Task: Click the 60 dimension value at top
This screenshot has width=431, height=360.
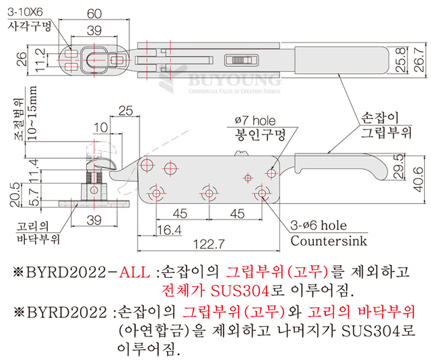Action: pyautogui.click(x=94, y=13)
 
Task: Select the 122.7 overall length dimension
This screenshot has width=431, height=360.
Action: pyautogui.click(x=209, y=244)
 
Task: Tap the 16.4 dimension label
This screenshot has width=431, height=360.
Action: pyautogui.click(x=169, y=230)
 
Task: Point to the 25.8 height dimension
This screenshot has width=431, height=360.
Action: pyautogui.click(x=401, y=59)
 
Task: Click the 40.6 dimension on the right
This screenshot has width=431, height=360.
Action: pyautogui.click(x=419, y=179)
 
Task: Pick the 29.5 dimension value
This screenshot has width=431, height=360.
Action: pyautogui.click(x=400, y=166)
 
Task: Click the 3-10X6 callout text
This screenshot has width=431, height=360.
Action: pyautogui.click(x=25, y=12)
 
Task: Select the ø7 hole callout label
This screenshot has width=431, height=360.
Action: pyautogui.click(x=255, y=120)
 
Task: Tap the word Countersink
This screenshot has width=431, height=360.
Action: pyautogui.click(x=329, y=241)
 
